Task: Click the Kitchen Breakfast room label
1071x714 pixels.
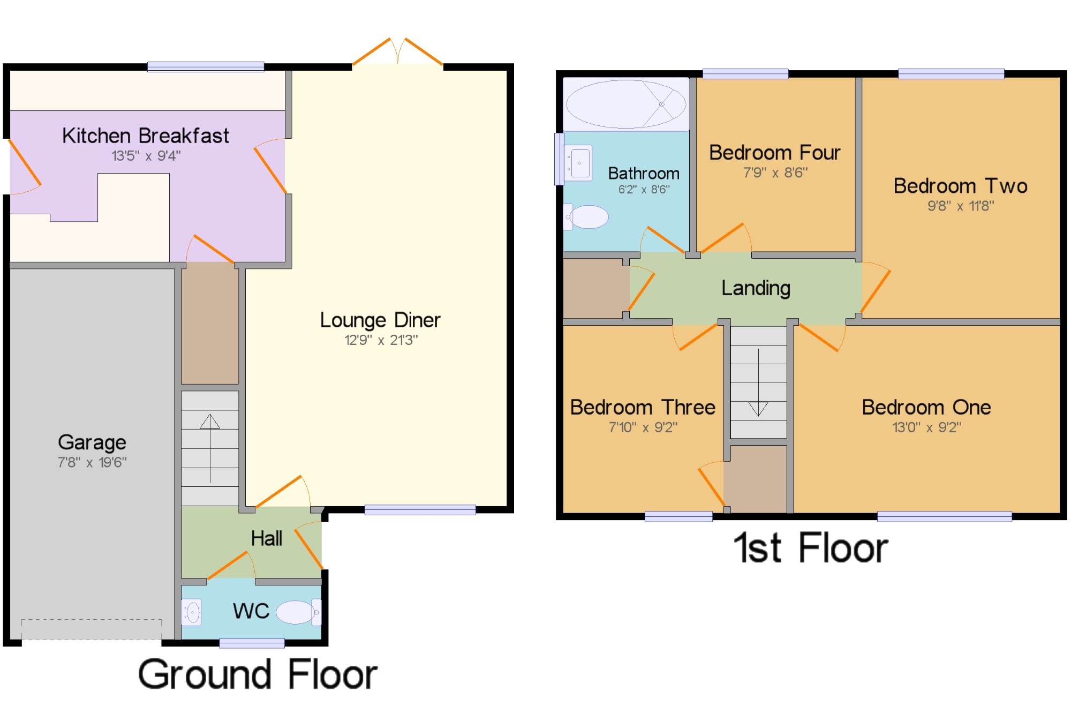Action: point(145,136)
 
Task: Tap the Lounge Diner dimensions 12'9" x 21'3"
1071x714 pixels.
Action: point(381,340)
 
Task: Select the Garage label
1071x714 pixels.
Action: point(92,442)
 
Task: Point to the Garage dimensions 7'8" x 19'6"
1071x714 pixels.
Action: point(92,462)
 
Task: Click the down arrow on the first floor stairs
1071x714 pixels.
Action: point(758,382)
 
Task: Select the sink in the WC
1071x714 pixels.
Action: point(191,612)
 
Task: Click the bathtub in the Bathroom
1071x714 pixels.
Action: point(626,104)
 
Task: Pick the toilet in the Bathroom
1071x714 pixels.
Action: point(586,217)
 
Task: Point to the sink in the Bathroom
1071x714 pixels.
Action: point(578,163)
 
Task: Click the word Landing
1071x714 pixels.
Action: point(756,288)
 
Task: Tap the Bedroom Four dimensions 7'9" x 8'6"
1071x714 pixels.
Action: point(775,172)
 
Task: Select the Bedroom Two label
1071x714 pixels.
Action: point(961,186)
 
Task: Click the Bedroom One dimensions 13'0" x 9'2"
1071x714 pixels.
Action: point(926,427)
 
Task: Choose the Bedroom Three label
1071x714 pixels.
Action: point(643,408)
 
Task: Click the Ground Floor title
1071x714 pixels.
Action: point(258,674)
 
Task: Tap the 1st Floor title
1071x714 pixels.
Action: point(811,548)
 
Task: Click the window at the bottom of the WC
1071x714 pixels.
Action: point(252,643)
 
